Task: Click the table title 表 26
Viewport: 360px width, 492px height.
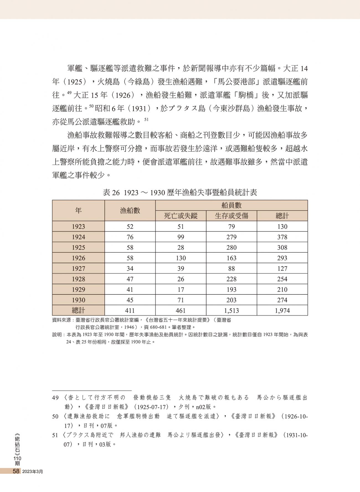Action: [x=180, y=193]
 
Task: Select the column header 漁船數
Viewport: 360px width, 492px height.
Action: [x=130, y=211]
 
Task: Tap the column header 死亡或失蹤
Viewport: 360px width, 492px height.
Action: [x=181, y=216]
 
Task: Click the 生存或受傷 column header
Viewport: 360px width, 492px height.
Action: [x=231, y=216]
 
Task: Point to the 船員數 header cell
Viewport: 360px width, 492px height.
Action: [x=231, y=205]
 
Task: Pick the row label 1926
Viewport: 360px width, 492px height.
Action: [x=78, y=258]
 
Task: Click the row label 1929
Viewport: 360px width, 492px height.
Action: [x=78, y=290]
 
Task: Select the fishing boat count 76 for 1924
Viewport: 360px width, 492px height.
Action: [x=130, y=237]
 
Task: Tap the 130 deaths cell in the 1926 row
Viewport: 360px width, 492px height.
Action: [x=181, y=258]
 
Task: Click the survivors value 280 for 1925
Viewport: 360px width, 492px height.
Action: [x=231, y=248]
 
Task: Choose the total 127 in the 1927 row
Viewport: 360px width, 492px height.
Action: [x=282, y=269]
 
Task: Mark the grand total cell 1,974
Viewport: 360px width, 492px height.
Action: [x=282, y=311]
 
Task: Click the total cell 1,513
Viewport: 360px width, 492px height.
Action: [x=231, y=311]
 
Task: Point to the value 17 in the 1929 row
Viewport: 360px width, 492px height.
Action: [x=181, y=290]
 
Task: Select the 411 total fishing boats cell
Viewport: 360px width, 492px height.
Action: [x=130, y=311]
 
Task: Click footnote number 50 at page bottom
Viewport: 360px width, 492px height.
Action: [x=55, y=416]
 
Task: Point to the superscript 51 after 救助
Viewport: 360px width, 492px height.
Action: [x=147, y=120]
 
